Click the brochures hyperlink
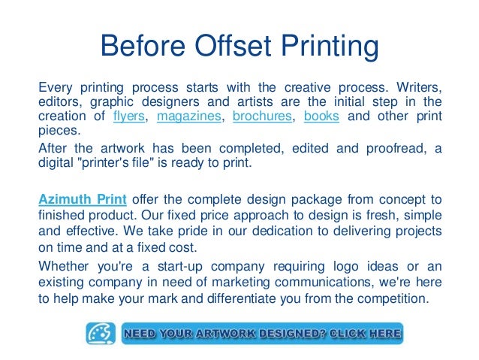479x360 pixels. pyautogui.click(x=262, y=117)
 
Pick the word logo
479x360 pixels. pyautogui.click(x=357, y=267)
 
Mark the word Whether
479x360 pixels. pyautogui.click(x=64, y=267)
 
